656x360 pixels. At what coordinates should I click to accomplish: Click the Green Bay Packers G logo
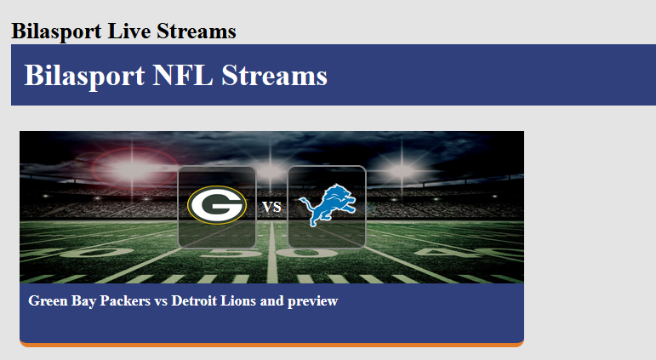pos(217,205)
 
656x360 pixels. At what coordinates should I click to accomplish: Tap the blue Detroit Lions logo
pos(328,205)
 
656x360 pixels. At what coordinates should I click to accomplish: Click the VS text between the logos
pos(272,207)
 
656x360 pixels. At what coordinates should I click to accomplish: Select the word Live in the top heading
pos(128,31)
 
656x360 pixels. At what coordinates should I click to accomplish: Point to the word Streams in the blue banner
pos(274,76)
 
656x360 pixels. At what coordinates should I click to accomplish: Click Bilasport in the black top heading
pos(56,31)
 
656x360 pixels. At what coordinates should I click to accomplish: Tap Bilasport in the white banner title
pos(84,77)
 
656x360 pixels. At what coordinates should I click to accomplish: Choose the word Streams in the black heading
pos(197,31)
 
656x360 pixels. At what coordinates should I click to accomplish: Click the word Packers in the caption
pos(125,300)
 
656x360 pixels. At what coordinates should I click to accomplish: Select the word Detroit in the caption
pos(194,300)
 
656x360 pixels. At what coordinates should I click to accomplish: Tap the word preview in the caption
pos(312,301)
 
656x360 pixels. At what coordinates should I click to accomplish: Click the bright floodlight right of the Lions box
pos(402,170)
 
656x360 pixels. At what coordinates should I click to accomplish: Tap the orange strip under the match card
pos(272,345)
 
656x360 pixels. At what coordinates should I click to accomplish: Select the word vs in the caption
pos(161,301)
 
